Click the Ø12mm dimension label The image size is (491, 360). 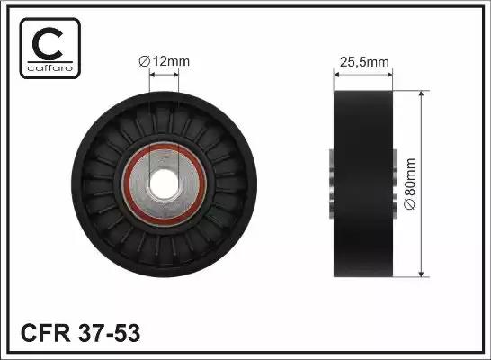(x=165, y=62)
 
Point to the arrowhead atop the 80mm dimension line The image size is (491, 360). (x=420, y=93)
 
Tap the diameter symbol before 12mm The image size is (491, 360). (x=143, y=62)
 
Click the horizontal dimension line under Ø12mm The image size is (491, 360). (x=164, y=76)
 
